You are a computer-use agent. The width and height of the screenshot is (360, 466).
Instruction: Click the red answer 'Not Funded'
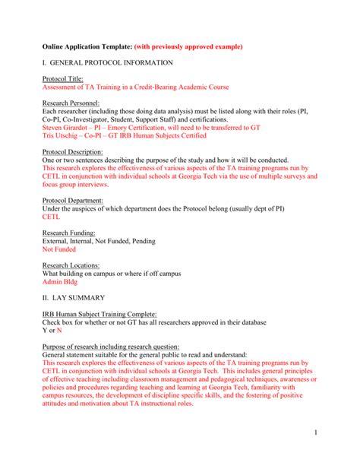[59, 249]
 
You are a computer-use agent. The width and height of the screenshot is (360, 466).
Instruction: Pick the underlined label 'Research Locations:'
[74, 266]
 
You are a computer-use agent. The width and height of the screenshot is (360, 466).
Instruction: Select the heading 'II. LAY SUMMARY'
[80, 298]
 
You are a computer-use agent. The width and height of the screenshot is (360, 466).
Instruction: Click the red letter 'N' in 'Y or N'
[59, 331]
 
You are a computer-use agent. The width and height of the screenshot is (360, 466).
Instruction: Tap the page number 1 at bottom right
[335, 431]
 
